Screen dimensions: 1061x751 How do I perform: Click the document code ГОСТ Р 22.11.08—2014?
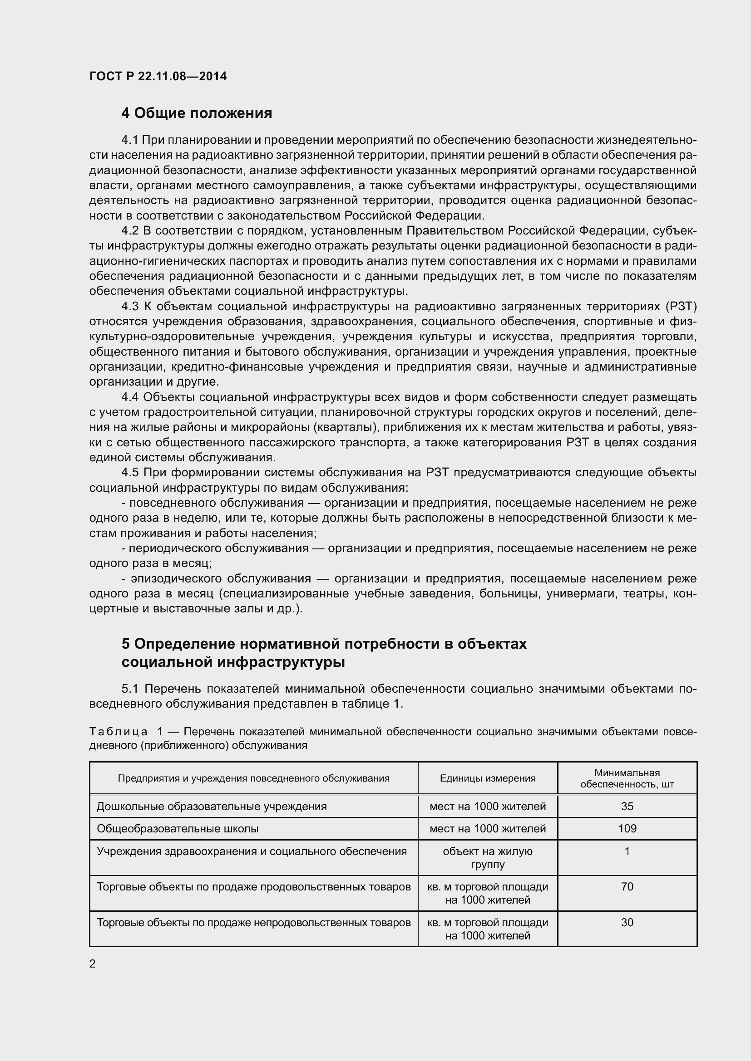[x=158, y=76]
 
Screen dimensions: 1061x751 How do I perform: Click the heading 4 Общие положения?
[x=197, y=113]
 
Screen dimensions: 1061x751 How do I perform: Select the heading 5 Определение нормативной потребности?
[x=324, y=644]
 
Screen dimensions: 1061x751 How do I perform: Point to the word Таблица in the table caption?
[x=119, y=732]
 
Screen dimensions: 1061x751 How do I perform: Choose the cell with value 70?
[x=627, y=887]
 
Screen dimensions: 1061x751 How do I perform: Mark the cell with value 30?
[x=627, y=923]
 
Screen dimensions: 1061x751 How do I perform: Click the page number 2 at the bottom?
[x=93, y=964]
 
